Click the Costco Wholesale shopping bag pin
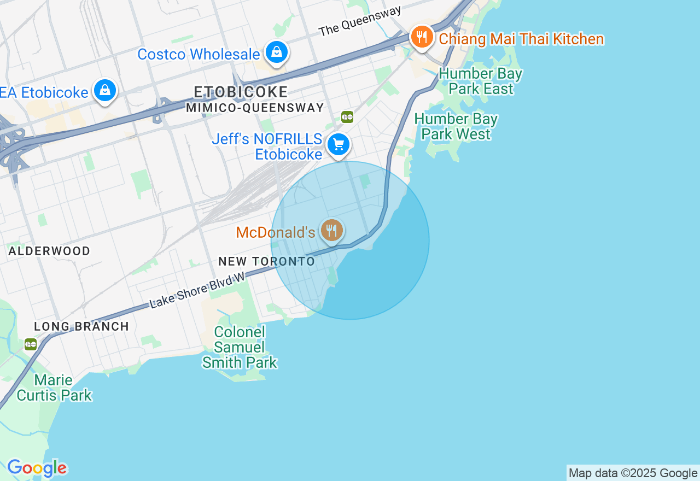point(277,52)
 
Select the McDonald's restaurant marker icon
point(331,231)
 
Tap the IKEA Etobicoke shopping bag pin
point(104,91)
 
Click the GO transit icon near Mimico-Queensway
point(347,116)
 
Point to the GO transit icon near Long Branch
point(31,344)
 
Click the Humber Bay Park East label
point(480,81)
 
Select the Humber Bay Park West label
point(456,126)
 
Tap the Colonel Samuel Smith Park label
point(240,347)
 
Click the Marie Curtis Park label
point(54,388)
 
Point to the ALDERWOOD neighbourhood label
point(49,251)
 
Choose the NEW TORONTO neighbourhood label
point(267,261)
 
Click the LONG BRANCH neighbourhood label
point(81,327)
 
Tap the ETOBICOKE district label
point(241,92)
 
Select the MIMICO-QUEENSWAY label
point(255,108)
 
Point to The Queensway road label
point(360,21)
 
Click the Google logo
point(37,468)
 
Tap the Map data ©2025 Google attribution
point(633,473)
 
